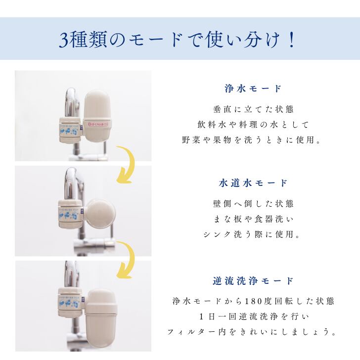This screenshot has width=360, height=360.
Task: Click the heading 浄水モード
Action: point(253,89)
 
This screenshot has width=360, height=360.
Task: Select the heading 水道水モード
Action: point(253,183)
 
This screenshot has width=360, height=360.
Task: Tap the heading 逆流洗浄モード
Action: point(253,281)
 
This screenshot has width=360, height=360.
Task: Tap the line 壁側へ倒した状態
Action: point(253,203)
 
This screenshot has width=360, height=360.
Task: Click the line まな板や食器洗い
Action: point(253,219)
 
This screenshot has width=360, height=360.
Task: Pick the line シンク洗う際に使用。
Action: point(253,234)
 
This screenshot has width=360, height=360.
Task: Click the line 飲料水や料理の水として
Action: point(253,125)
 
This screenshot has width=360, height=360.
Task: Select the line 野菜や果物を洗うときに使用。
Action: point(253,140)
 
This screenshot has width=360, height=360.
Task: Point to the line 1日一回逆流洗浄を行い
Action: point(253,316)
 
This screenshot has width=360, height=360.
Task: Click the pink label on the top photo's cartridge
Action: point(98,120)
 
